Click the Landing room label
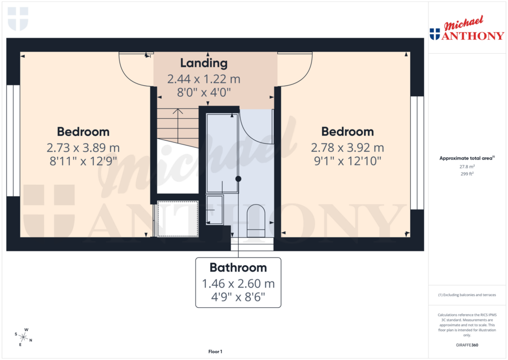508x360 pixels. click(203, 63)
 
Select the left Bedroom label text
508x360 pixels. click(83, 132)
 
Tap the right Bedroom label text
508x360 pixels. click(347, 132)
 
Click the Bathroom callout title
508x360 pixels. click(238, 268)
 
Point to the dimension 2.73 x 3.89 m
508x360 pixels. click(83, 147)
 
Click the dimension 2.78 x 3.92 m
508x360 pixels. click(347, 147)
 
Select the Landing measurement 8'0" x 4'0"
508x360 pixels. click(203, 92)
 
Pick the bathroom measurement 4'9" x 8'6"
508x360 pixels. click(238, 298)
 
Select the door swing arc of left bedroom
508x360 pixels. click(134, 70)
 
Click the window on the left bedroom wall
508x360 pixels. click(13, 141)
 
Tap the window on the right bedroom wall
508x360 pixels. click(417, 152)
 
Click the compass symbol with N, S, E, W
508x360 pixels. click(23, 338)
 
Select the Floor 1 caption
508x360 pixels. click(215, 352)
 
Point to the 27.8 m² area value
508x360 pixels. click(466, 167)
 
